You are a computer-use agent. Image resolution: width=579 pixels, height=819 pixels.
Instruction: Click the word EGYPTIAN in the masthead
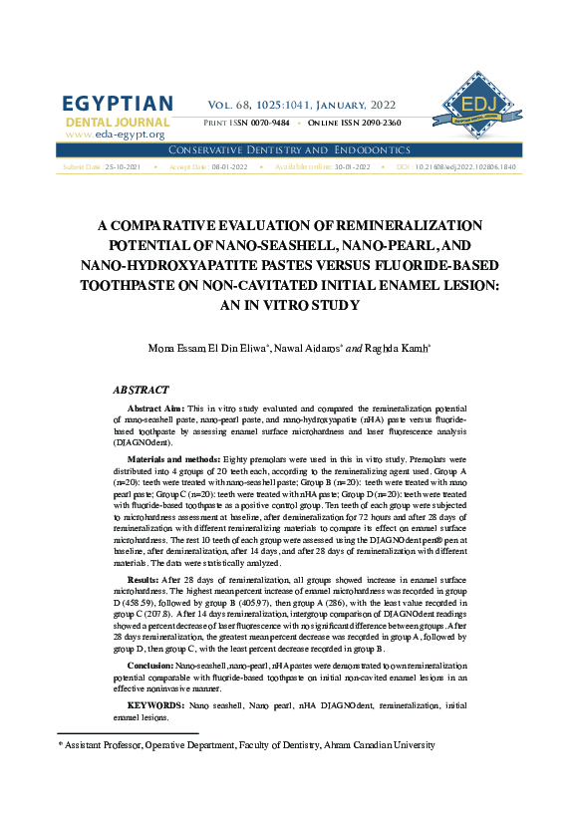click(118, 105)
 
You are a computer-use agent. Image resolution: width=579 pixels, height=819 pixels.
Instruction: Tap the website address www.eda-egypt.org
click(115, 134)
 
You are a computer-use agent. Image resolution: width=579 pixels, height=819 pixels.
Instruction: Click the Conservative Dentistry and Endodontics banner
click(289, 149)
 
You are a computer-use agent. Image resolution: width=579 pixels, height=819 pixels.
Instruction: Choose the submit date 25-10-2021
click(124, 167)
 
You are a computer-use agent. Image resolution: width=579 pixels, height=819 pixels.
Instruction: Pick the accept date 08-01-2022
click(229, 167)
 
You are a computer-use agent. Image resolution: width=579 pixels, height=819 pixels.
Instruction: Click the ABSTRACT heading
click(141, 391)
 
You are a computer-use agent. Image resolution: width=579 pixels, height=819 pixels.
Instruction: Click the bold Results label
click(147, 579)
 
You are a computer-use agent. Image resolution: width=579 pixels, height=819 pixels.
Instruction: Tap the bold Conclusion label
click(156, 665)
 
